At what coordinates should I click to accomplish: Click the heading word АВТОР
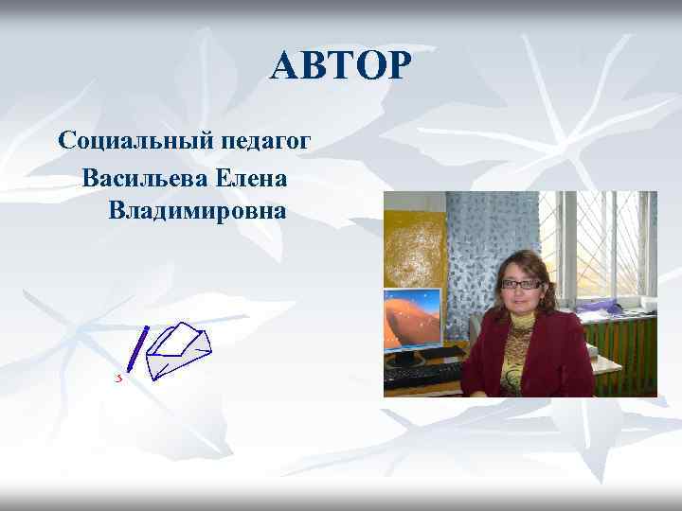click(341, 66)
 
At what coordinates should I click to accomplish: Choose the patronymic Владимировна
click(197, 210)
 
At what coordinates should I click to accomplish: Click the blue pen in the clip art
click(137, 348)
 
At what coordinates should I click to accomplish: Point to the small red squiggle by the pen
click(119, 378)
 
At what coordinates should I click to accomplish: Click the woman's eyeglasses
click(522, 284)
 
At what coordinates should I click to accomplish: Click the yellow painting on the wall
click(414, 248)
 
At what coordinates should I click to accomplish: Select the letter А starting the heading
click(282, 66)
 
